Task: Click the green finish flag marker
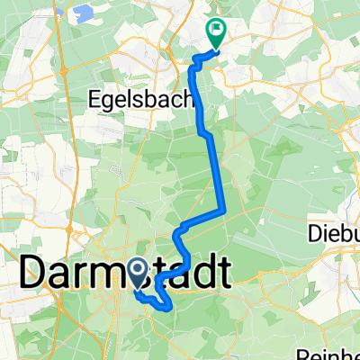217,32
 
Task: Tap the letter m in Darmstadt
121,272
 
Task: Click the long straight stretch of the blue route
217,171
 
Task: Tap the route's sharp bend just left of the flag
194,60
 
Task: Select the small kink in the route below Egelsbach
206,133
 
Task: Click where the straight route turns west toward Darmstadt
222,211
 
